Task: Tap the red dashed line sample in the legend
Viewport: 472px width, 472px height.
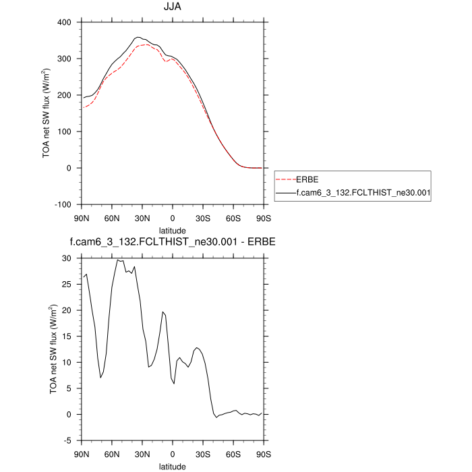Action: click(286, 180)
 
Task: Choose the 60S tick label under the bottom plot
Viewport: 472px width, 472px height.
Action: click(233, 454)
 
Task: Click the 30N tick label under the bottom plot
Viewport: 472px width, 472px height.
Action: click(142, 454)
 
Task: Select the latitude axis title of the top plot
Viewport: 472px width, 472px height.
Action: click(173, 229)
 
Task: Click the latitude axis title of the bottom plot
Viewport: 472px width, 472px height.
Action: click(173, 466)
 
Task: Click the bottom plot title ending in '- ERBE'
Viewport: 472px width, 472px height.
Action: click(173, 241)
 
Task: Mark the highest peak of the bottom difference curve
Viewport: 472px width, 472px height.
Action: click(118, 260)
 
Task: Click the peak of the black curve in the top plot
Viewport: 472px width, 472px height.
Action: click(138, 37)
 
